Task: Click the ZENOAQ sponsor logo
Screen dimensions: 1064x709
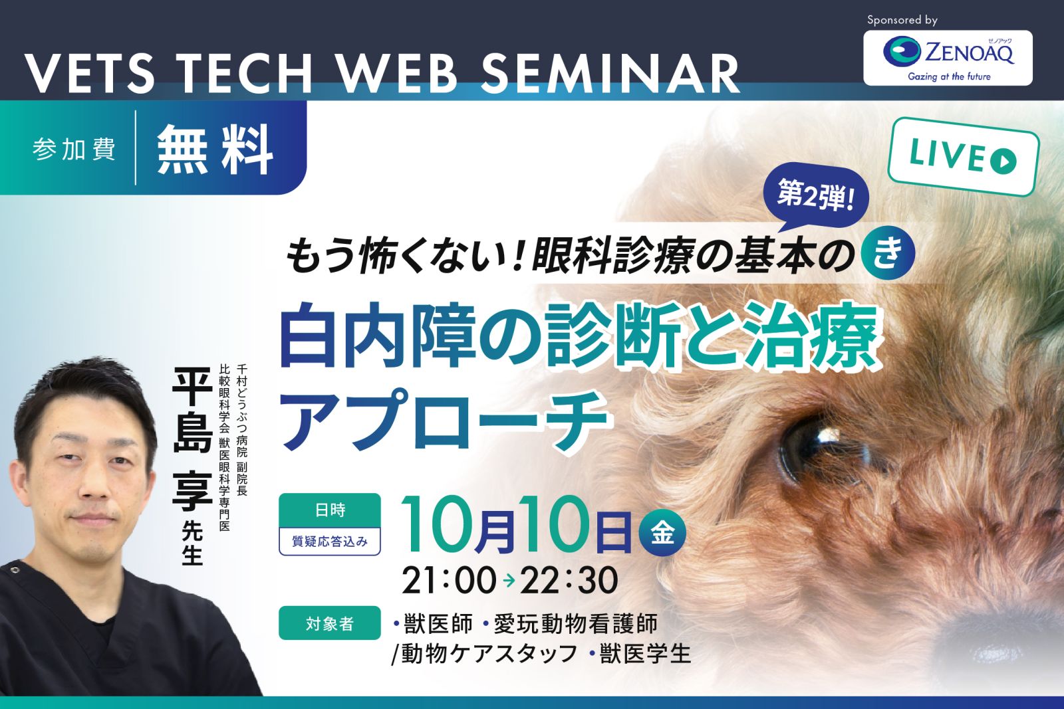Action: [948, 58]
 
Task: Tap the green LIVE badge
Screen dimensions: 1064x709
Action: [964, 157]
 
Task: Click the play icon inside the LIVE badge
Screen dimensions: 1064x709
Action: [1003, 161]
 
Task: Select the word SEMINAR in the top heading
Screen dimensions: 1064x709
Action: [611, 74]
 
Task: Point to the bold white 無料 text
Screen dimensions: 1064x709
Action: [215, 150]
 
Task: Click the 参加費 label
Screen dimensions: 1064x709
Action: [74, 150]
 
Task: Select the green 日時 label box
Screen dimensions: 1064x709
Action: [330, 510]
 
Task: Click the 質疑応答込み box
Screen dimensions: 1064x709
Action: [330, 541]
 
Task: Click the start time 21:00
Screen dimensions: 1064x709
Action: [450, 580]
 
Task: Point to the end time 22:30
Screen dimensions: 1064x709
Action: [569, 580]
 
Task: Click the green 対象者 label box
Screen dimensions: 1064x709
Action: [330, 623]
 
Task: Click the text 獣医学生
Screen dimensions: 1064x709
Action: [644, 654]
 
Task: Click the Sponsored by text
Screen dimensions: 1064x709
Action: [902, 20]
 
